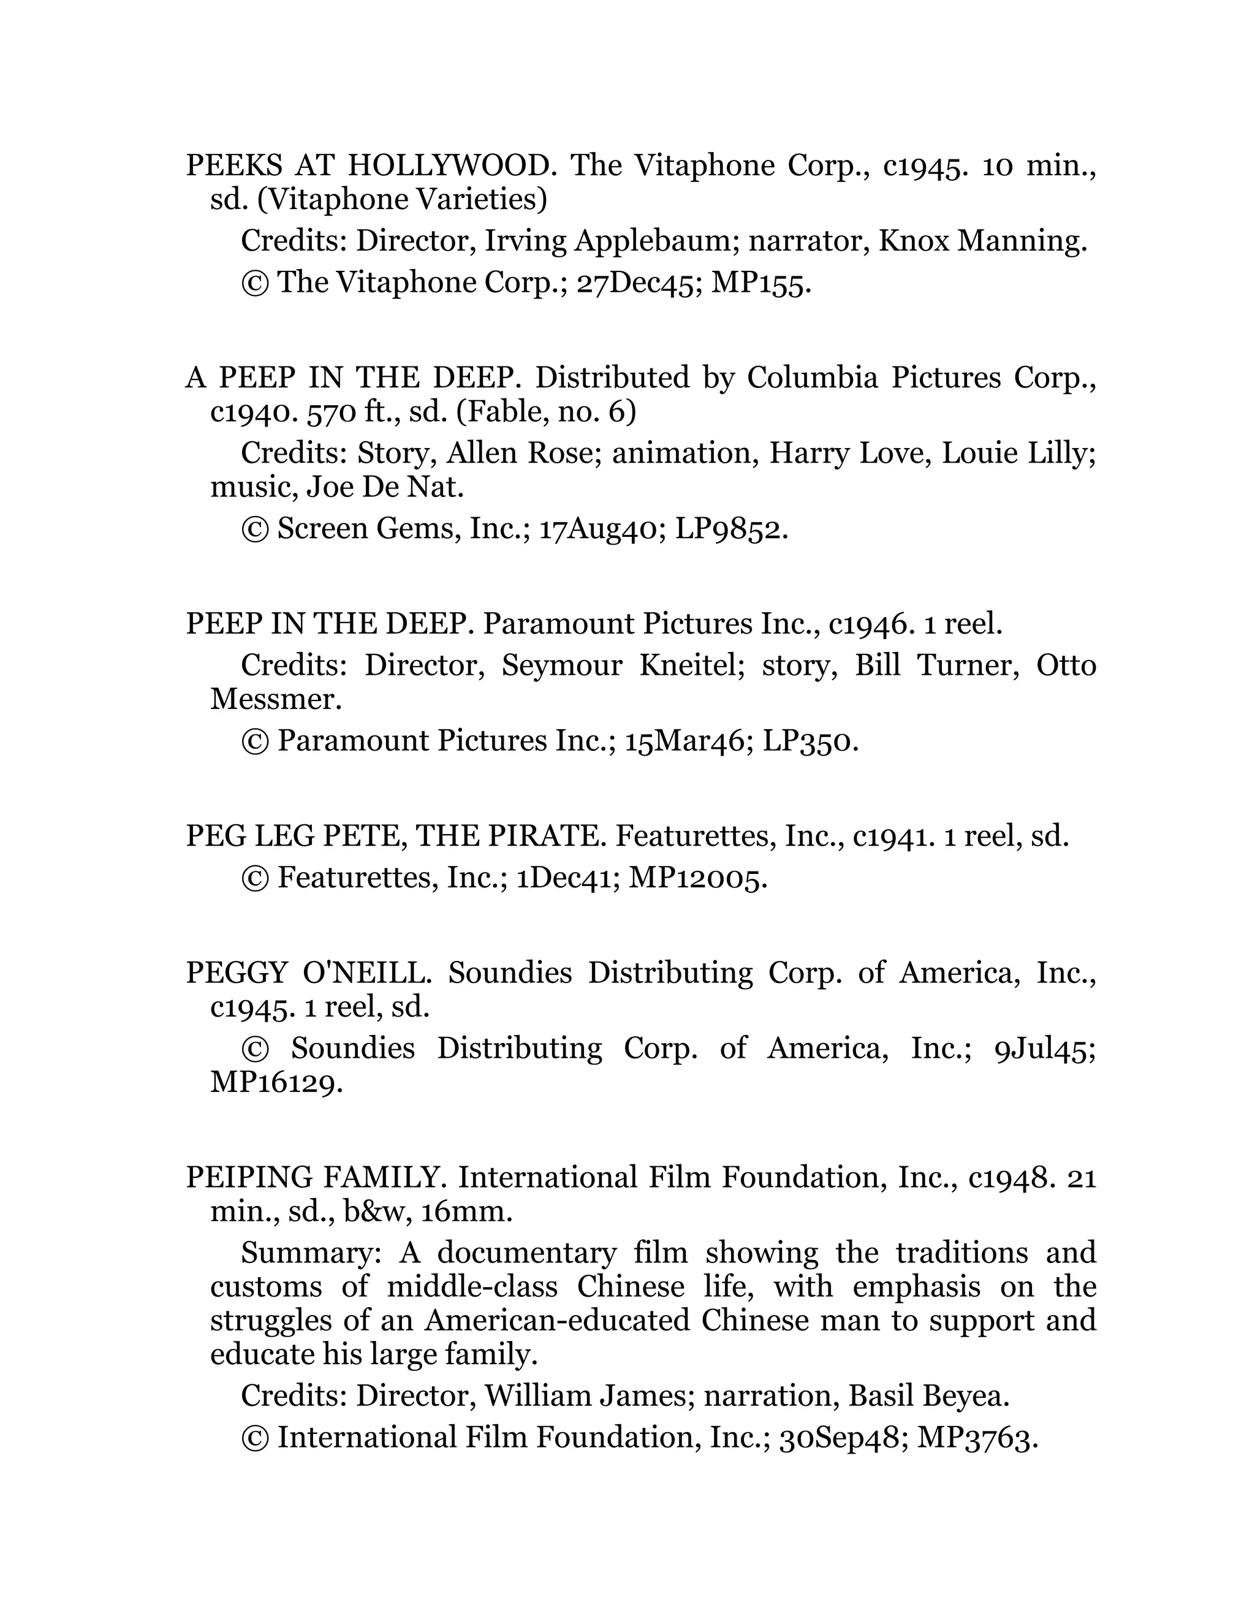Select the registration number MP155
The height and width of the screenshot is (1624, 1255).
760,283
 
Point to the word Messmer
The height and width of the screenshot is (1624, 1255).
276,700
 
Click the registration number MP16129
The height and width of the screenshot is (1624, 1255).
276,1083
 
